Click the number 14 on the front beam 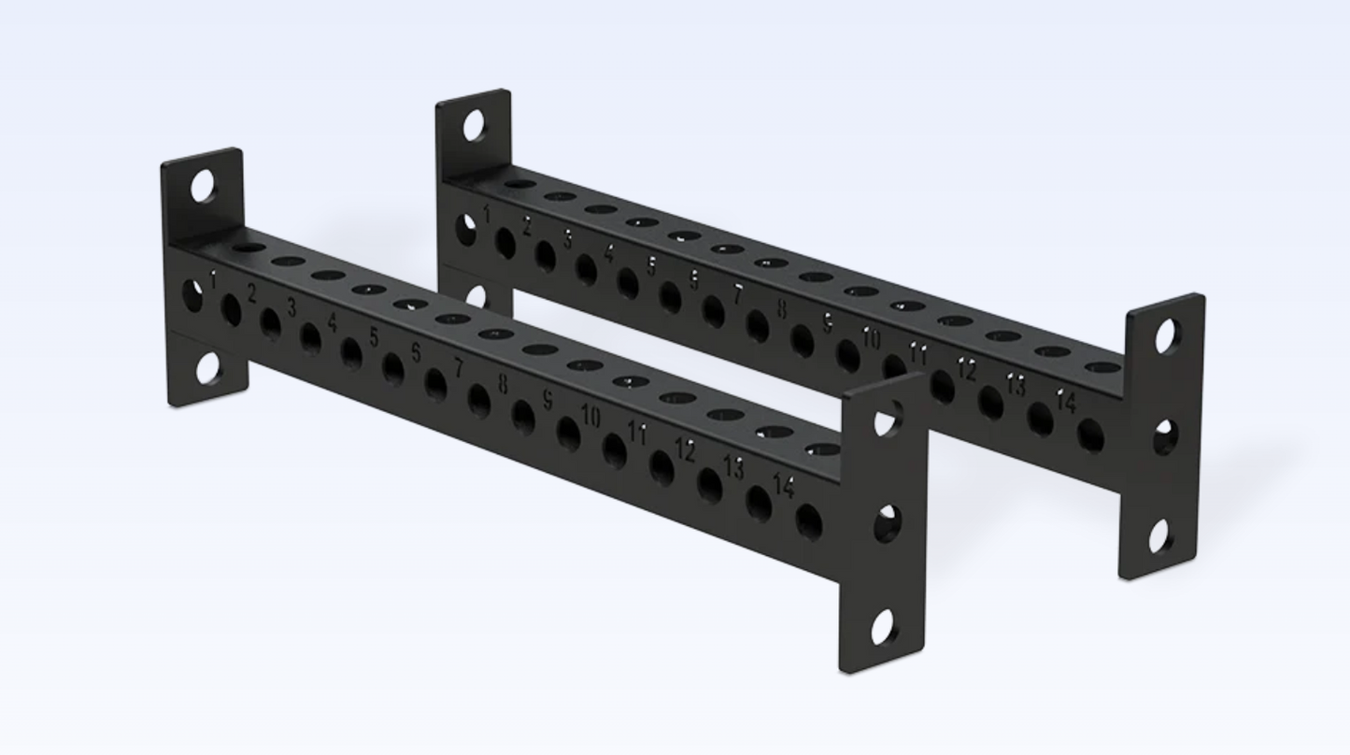(x=784, y=486)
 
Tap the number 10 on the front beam (x=590, y=416)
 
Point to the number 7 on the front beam (x=459, y=368)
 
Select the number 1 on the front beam (x=214, y=279)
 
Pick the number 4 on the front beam (x=332, y=323)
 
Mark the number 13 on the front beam (x=734, y=467)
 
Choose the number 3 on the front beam (x=291, y=307)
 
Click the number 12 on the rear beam (x=966, y=370)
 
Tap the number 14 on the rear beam (x=1066, y=403)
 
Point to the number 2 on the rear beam (x=527, y=225)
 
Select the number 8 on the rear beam (x=781, y=309)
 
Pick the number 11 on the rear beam (x=918, y=354)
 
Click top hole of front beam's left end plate (x=203, y=187)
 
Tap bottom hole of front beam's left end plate (x=207, y=369)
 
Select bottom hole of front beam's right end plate (x=883, y=627)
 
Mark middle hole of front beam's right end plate (x=886, y=525)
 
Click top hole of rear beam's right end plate (x=1166, y=336)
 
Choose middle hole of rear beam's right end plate (x=1164, y=437)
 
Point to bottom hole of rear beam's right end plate (x=1160, y=536)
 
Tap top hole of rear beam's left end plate (x=475, y=126)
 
